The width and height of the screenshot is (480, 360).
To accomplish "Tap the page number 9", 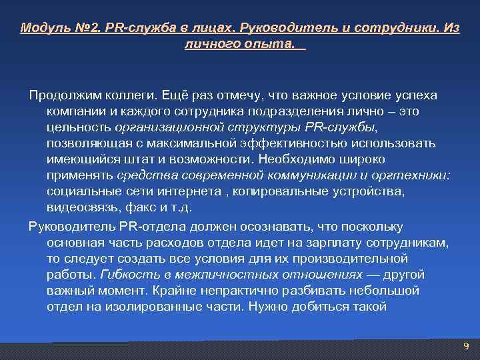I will point(465,345).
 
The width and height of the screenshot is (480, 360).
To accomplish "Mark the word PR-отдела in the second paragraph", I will point(126,227).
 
